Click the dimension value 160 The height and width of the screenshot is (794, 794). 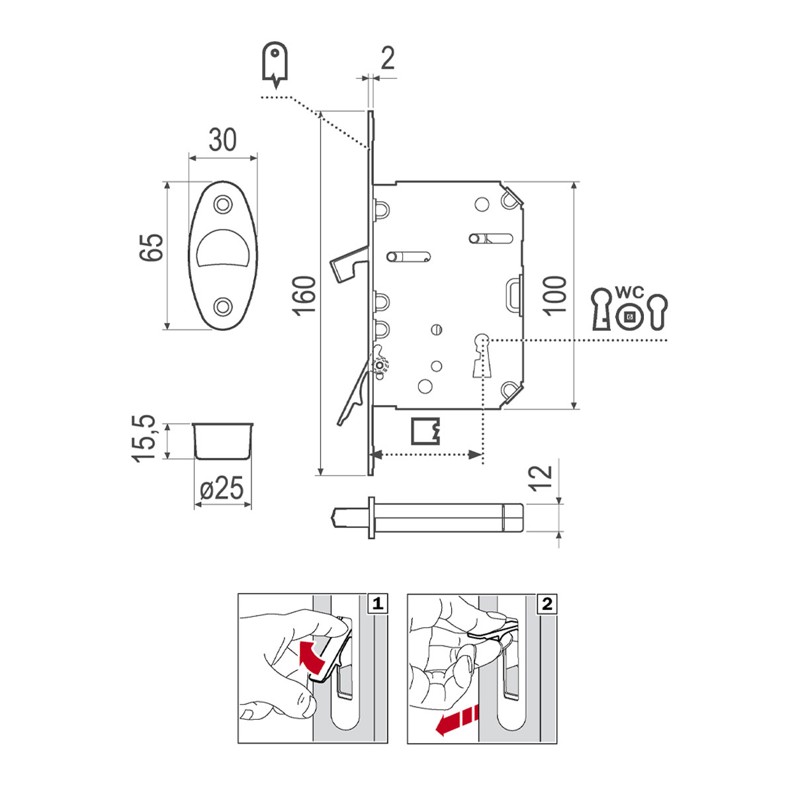tap(305, 295)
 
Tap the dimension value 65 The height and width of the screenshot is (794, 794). tap(151, 247)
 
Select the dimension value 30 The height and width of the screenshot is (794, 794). tap(222, 140)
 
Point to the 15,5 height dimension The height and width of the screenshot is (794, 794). tap(144, 438)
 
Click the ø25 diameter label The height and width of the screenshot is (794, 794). tap(222, 489)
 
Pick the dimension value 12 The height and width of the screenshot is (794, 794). tap(541, 476)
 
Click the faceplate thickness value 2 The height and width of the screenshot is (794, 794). tap(388, 59)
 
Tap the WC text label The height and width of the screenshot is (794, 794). tap(629, 292)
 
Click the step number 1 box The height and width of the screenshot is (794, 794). tap(378, 603)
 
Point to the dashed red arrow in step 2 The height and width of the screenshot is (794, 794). tap(456, 721)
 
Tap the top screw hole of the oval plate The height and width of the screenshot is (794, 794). tap(222, 202)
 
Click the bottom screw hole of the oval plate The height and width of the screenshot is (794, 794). tap(223, 306)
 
